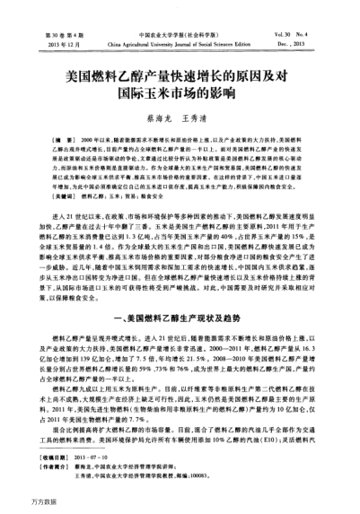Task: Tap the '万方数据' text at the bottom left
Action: coord(20,504)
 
